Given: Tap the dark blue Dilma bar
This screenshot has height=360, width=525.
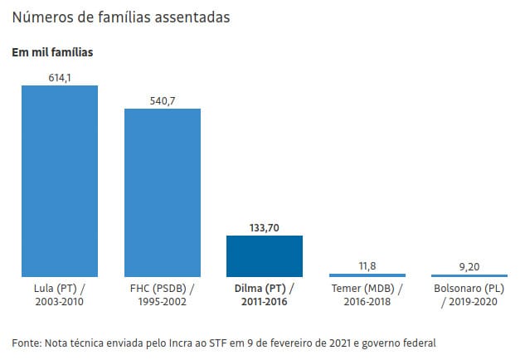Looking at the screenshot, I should point(265,256).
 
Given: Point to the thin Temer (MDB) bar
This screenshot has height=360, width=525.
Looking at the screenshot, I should point(367,275).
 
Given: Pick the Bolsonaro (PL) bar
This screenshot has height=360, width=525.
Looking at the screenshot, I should point(469,275).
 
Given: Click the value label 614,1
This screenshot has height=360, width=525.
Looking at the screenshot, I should point(60,77).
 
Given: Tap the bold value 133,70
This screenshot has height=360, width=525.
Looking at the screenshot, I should point(265,227).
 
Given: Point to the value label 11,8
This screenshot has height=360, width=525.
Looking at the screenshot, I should point(367,265).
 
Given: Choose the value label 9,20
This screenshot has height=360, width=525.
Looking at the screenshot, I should point(469,265).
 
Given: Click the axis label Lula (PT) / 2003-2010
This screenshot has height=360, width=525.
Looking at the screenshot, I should point(60,295).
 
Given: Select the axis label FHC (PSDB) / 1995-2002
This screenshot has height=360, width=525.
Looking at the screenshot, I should point(163,295).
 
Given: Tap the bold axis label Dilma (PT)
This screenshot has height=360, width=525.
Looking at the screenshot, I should point(265,289).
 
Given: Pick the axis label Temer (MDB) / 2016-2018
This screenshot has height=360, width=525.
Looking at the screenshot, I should point(367,295).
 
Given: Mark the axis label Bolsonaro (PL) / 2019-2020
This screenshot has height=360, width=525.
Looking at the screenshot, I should point(469,295).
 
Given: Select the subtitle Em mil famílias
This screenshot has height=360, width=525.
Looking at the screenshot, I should point(51,52).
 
